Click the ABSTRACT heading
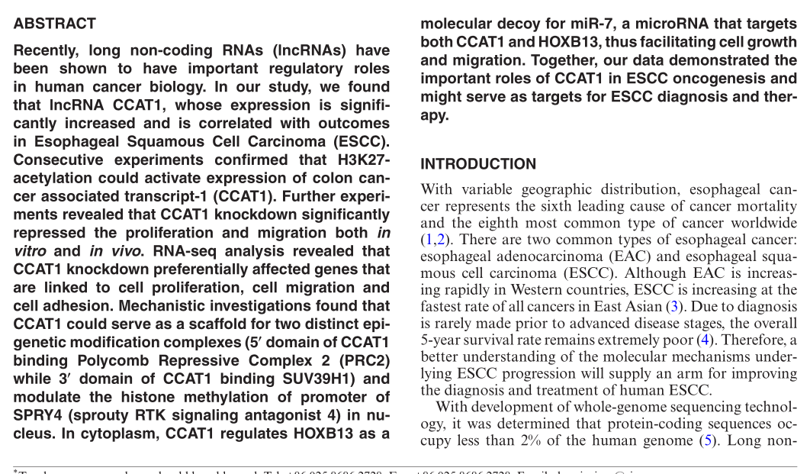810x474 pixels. (x=55, y=24)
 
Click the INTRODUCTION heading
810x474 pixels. (x=478, y=164)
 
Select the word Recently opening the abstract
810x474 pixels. (x=47, y=51)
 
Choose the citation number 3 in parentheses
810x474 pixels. (x=673, y=307)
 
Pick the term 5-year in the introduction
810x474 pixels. (x=442, y=340)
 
